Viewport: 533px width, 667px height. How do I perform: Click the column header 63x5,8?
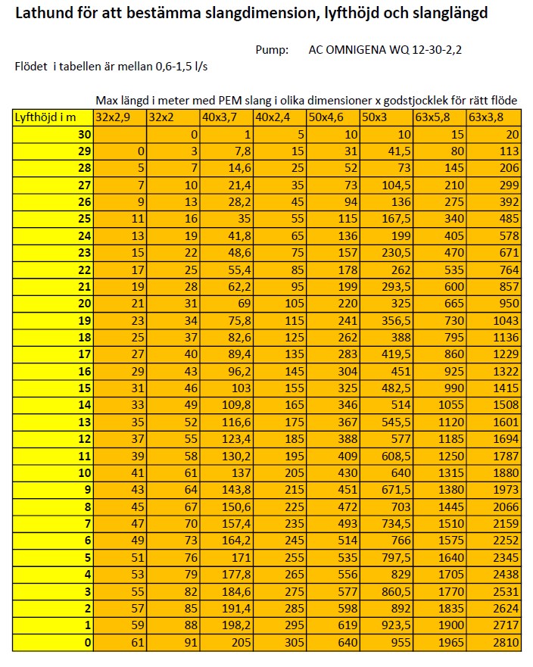[x=440, y=117]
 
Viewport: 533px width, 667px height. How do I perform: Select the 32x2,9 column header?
[x=120, y=117]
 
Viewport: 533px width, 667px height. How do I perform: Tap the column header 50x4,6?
[x=333, y=117]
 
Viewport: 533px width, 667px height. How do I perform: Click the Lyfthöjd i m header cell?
[x=52, y=117]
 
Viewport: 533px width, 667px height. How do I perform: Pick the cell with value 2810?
[x=493, y=643]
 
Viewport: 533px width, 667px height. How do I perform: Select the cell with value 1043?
[x=493, y=321]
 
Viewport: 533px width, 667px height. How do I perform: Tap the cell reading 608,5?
[x=386, y=457]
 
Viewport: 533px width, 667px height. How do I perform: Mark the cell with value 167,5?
[x=386, y=219]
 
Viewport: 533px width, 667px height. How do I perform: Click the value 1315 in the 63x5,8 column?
[x=440, y=473]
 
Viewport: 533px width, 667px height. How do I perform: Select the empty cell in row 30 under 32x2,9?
[x=120, y=134]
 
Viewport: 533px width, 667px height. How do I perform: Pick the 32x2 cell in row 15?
[x=173, y=388]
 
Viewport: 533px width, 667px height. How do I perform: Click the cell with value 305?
[x=280, y=643]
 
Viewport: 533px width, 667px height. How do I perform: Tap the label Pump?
[x=272, y=50]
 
